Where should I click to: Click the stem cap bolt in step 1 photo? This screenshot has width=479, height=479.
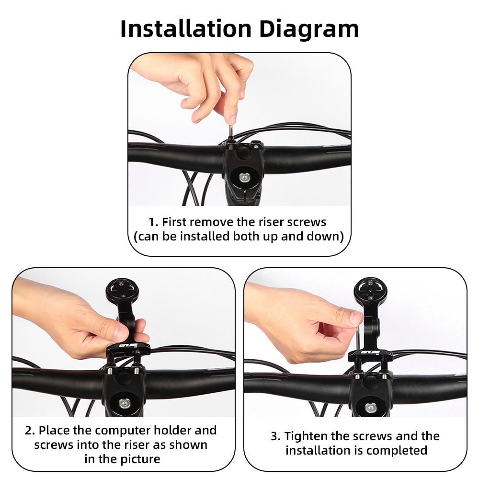pyautogui.click(x=243, y=178)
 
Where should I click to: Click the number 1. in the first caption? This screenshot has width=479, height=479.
pyautogui.click(x=153, y=222)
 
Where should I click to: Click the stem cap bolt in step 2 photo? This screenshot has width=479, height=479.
pyautogui.click(x=125, y=403)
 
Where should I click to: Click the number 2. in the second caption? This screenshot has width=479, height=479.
pyautogui.click(x=30, y=430)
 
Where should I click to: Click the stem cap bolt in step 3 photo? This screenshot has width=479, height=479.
pyautogui.click(x=370, y=407)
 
